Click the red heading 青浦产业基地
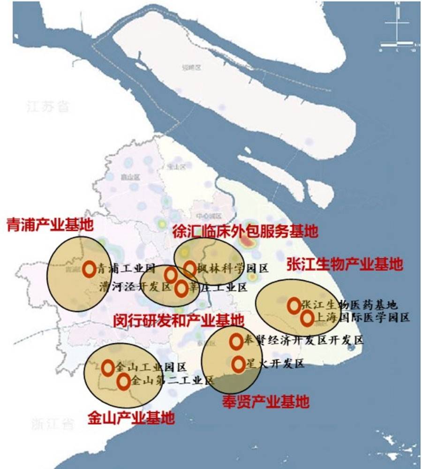click(x=50, y=225)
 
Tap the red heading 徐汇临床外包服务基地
click(x=245, y=231)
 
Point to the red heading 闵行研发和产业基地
click(x=179, y=321)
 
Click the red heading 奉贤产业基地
click(x=266, y=401)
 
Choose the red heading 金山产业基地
click(x=131, y=417)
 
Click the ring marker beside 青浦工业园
click(x=89, y=269)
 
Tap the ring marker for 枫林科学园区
click(x=189, y=268)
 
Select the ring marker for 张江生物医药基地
click(x=294, y=305)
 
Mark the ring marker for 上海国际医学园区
click(x=307, y=318)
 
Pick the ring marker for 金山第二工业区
click(x=123, y=381)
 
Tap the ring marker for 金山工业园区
click(x=108, y=368)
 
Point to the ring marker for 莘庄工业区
click(x=181, y=288)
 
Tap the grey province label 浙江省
click(x=53, y=425)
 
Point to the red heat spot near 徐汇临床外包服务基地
click(x=247, y=241)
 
